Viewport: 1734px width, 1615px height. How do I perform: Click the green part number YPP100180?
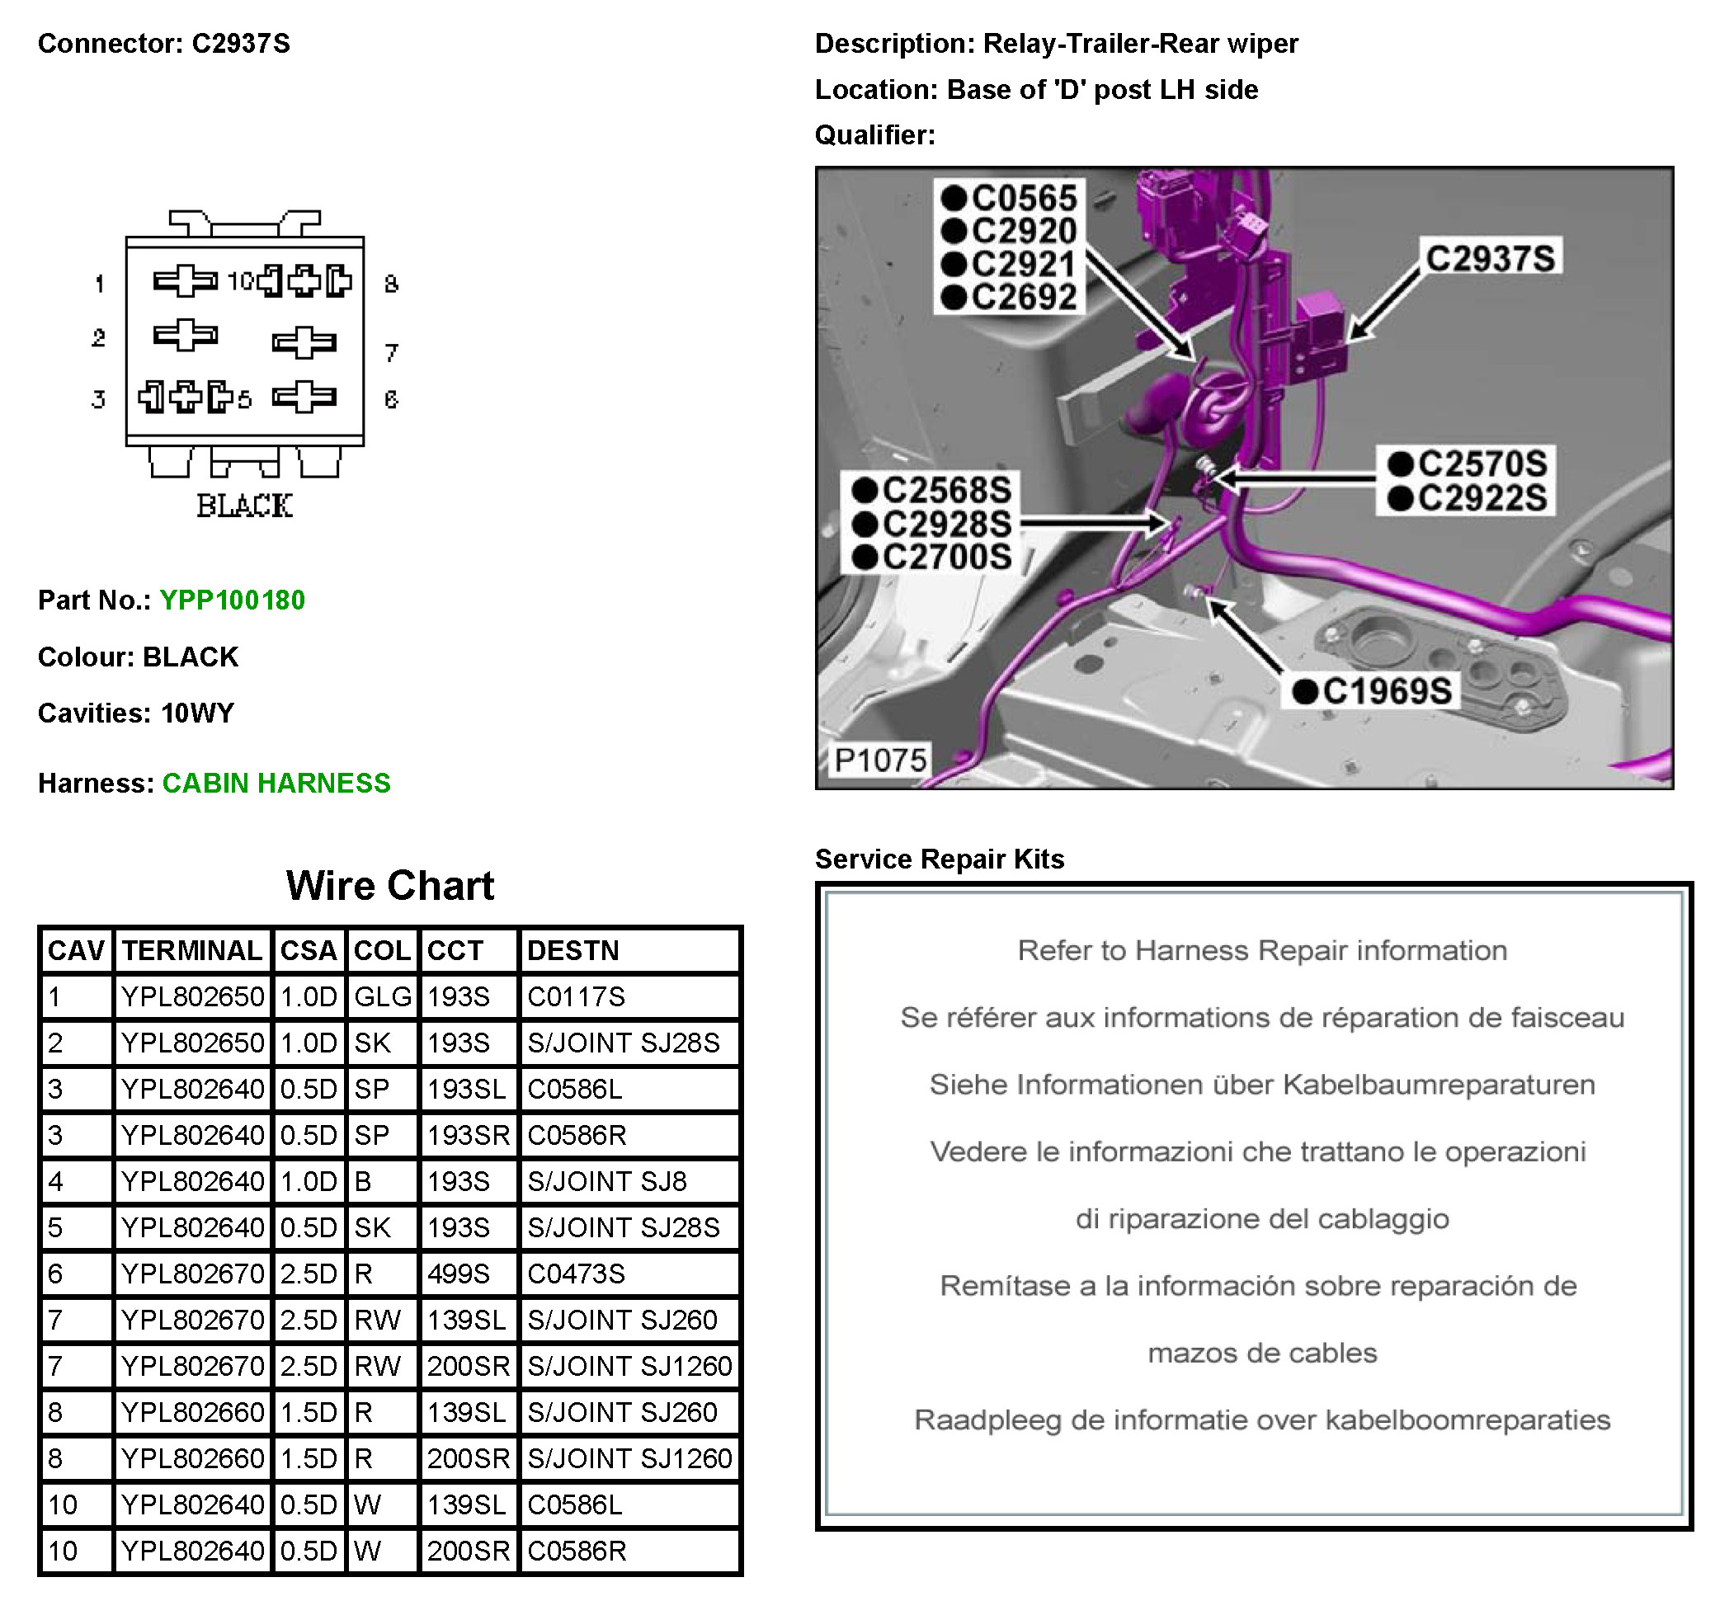pos(232,600)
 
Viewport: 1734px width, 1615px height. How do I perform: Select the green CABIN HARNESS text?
pos(276,783)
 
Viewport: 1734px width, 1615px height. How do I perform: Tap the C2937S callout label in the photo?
pos(1490,258)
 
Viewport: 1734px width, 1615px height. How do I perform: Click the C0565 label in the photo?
pos(1023,198)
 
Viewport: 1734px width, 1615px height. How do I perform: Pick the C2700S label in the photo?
pos(946,557)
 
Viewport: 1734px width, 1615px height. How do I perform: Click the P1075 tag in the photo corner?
pos(879,760)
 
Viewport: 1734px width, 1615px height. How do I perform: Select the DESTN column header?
pos(573,950)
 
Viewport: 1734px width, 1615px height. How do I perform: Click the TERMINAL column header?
pos(192,950)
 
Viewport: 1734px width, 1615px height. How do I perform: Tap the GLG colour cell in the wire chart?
pos(382,996)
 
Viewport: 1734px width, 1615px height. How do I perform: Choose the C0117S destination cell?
pos(576,996)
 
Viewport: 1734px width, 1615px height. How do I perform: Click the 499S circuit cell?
pos(458,1274)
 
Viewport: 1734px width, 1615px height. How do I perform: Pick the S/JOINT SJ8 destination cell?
pos(607,1182)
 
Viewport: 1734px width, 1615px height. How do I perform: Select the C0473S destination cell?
pos(576,1274)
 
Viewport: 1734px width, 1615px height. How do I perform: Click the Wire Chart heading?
pos(390,886)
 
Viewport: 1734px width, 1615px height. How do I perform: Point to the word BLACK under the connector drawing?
pos(244,506)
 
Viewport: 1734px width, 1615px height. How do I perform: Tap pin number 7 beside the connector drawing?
pos(391,352)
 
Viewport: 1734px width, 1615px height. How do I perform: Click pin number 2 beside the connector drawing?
pos(98,337)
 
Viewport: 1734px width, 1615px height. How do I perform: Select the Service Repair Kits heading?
pos(940,859)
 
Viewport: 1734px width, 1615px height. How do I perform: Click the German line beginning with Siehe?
pos(1261,1084)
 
